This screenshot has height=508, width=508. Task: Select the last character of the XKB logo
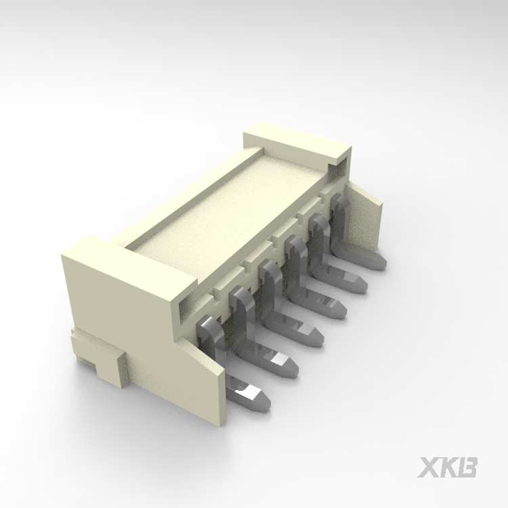click(469, 468)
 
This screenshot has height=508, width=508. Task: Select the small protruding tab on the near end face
click(108, 366)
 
